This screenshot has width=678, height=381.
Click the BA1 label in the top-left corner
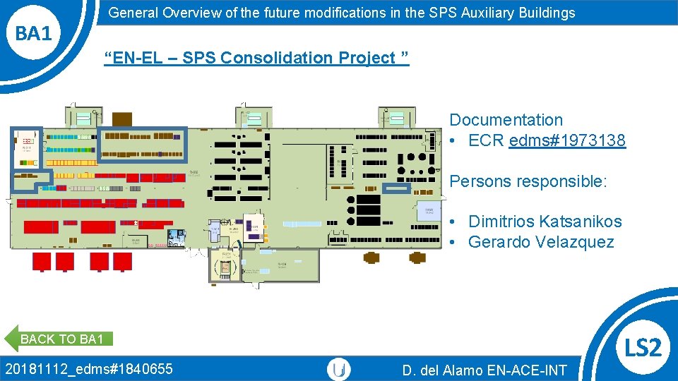click(34, 32)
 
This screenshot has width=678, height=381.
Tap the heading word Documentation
click(506, 120)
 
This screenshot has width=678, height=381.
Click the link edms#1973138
click(566, 140)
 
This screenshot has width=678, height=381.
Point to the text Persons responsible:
click(528, 181)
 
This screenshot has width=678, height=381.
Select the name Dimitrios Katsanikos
click(545, 222)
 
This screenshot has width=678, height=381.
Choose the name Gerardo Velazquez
click(541, 242)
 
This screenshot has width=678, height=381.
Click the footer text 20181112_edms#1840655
click(88, 368)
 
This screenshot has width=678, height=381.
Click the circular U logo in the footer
click(339, 369)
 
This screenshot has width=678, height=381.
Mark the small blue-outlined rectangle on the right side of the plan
click(396, 188)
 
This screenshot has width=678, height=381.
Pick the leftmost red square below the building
click(42, 262)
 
